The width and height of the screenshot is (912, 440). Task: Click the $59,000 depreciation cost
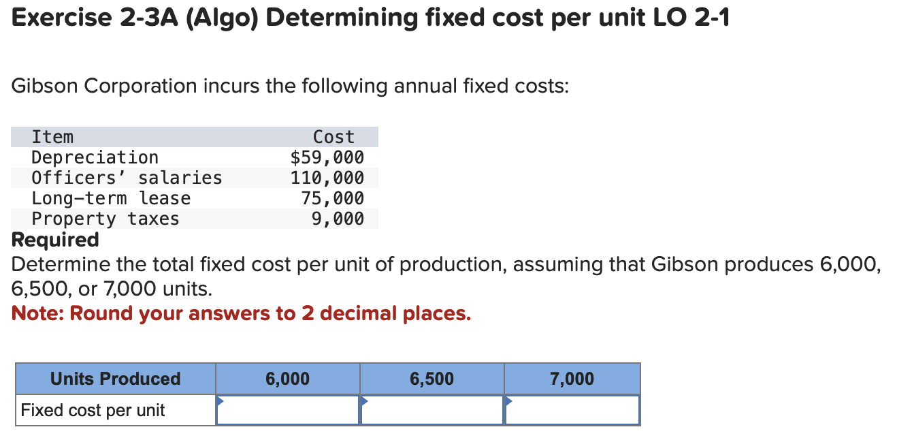pos(327,158)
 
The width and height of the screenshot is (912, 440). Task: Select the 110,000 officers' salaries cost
pos(327,178)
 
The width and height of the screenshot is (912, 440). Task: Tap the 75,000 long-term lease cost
pos(332,199)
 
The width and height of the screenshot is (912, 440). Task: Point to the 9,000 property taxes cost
pos(338,219)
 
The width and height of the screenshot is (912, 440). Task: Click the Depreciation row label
pos(95,158)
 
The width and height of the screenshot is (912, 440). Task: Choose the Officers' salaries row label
pos(127,178)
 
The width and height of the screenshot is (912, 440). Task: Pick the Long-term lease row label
pos(111,199)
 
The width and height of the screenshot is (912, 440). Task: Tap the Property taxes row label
pos(105,219)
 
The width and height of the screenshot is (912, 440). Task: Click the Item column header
pos(52,138)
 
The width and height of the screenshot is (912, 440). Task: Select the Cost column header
pos(333,138)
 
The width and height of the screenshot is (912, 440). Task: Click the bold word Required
pos(55,240)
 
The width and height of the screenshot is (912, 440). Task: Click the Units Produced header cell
pos(116,379)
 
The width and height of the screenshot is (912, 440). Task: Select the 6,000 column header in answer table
pos(288,379)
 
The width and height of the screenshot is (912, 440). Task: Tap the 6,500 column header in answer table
pos(432,379)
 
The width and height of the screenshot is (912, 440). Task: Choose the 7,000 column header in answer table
pos(572,379)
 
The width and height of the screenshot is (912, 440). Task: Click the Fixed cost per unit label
pos(93,411)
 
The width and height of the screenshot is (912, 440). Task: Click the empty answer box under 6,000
pos(288,411)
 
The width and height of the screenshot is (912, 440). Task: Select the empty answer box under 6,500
pos(432,411)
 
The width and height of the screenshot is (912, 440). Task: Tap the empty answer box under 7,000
pos(572,411)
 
